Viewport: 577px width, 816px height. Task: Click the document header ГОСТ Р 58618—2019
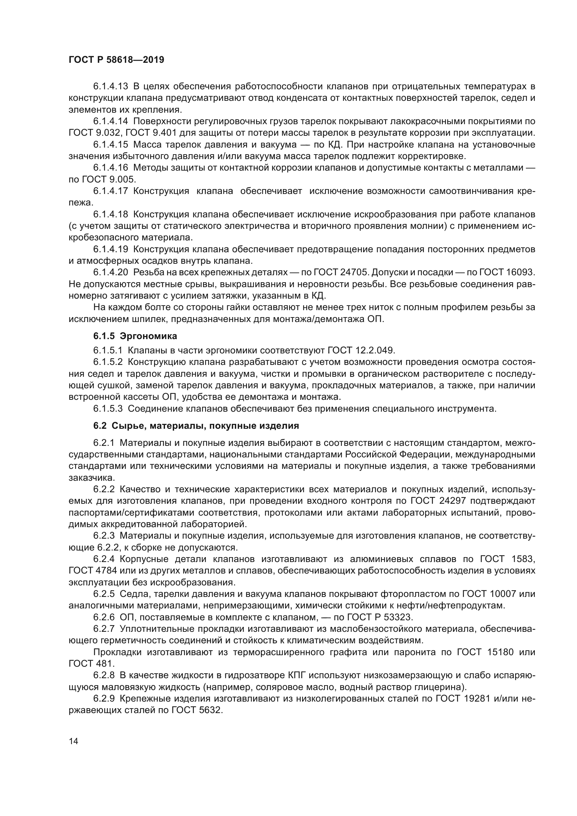point(116,60)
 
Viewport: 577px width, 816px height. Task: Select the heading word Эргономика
point(149,336)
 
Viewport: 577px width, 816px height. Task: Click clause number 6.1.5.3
point(108,409)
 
